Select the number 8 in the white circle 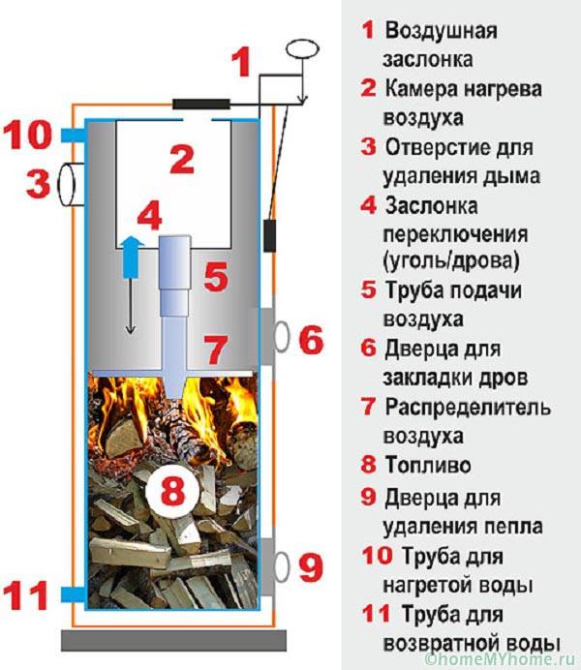click(x=169, y=492)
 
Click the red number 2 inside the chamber click(x=182, y=159)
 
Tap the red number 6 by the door click(x=310, y=339)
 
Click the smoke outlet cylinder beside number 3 click(x=71, y=184)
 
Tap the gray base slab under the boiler click(x=174, y=640)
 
